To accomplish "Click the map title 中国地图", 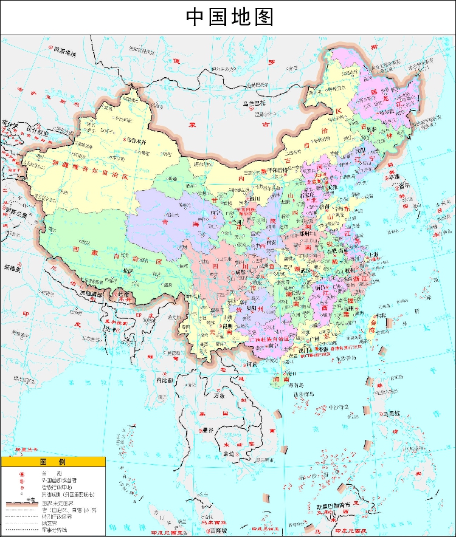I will point(229,17).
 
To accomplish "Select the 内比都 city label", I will point(165,380).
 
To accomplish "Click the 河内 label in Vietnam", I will point(250,365).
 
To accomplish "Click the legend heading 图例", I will point(53,462).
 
